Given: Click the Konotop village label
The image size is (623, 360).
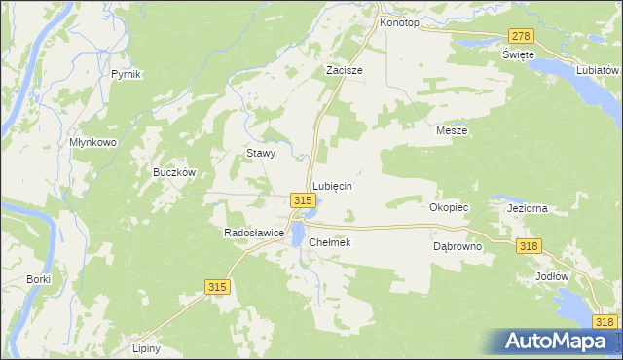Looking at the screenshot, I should pyautogui.click(x=398, y=21).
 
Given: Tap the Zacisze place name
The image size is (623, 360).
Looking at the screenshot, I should pyautogui.click(x=344, y=71).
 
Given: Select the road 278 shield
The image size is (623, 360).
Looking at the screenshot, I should pyautogui.click(x=521, y=36).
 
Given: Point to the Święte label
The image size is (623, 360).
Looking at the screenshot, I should pyautogui.click(x=520, y=54).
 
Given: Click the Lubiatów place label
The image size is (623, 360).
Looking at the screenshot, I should pyautogui.click(x=598, y=71).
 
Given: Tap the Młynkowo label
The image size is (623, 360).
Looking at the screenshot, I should pyautogui.click(x=93, y=141).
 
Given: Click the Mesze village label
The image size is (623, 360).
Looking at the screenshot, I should pyautogui.click(x=452, y=130).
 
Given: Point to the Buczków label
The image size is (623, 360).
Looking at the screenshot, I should pyautogui.click(x=175, y=172).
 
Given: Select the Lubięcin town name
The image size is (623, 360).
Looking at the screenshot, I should pyautogui.click(x=331, y=185).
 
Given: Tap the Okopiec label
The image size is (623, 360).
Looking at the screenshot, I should pyautogui.click(x=450, y=207).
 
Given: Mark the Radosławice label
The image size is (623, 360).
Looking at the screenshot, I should pyautogui.click(x=253, y=234).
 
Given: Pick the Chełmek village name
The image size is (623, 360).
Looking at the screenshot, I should pyautogui.click(x=329, y=242).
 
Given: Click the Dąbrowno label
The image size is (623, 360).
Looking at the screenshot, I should pyautogui.click(x=458, y=247).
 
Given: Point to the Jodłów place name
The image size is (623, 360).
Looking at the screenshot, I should pyautogui.click(x=552, y=275).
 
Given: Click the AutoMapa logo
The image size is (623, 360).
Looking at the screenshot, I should pyautogui.click(x=559, y=341).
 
